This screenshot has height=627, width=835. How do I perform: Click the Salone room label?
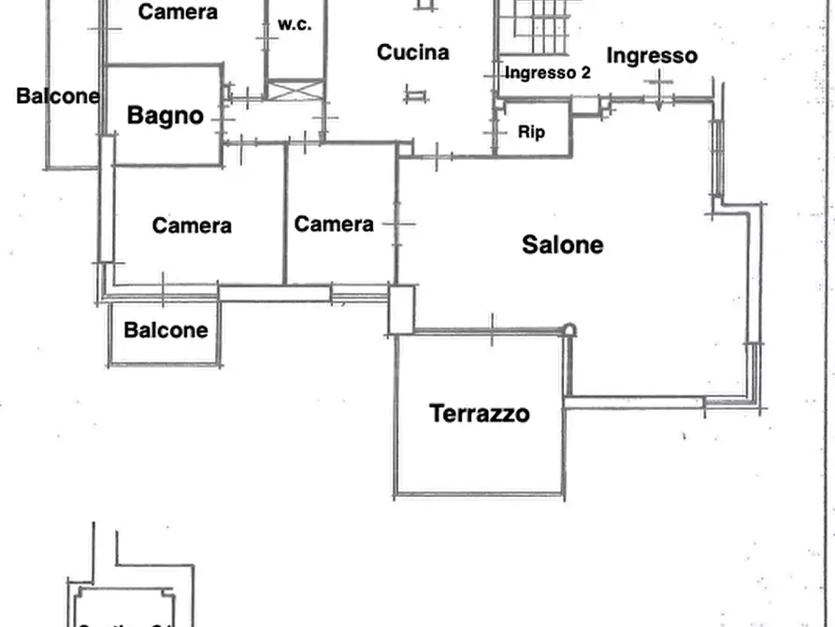click(x=562, y=245)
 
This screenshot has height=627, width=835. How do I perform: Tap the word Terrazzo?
click(x=479, y=413)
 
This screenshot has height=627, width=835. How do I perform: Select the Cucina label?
click(x=412, y=52)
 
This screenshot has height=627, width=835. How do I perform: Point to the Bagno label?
click(x=165, y=116)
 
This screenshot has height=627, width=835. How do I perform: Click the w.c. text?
click(x=294, y=25)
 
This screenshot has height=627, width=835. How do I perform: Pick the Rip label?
click(x=531, y=132)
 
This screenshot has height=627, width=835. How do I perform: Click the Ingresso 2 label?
click(x=547, y=72)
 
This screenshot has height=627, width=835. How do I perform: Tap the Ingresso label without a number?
click(x=652, y=55)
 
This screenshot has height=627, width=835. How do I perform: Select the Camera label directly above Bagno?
click(x=178, y=12)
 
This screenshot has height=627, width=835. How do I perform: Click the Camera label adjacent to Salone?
click(x=334, y=225)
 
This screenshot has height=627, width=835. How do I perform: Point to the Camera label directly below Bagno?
click(x=192, y=226)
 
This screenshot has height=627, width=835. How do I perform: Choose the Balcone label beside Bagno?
click(x=58, y=95)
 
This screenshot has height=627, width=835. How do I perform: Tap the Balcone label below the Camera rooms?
click(x=166, y=330)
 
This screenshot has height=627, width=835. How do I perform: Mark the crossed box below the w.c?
click(x=294, y=91)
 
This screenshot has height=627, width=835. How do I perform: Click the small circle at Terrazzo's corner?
click(x=569, y=329)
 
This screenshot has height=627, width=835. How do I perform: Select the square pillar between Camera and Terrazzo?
click(x=401, y=310)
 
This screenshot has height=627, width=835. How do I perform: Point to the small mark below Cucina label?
click(x=415, y=94)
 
